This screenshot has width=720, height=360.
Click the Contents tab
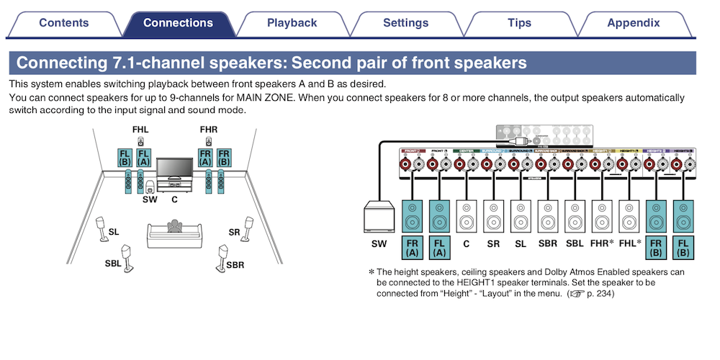64,23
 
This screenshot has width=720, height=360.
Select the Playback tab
292,23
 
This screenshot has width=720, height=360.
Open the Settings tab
405,23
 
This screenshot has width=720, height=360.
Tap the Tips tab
519,23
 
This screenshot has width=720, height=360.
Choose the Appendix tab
633,23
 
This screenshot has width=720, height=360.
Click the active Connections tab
178,23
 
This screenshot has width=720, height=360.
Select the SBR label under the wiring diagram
547,243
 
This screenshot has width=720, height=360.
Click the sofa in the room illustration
174,232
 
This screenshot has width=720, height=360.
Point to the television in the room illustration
175,171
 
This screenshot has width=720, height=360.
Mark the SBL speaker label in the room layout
113,264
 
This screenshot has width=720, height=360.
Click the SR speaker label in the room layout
234,233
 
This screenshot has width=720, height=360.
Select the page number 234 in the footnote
603,294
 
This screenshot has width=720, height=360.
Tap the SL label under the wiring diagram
521,243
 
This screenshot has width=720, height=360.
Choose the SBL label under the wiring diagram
574,243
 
